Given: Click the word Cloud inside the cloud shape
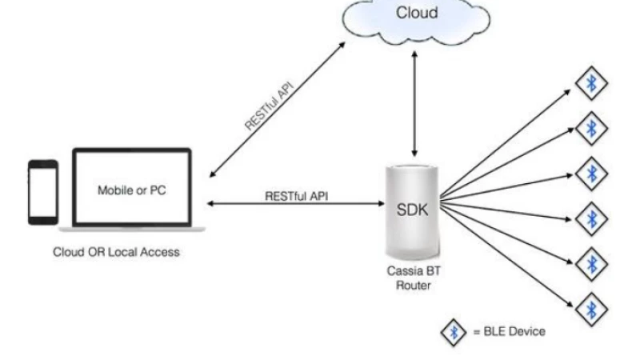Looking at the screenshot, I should [x=417, y=14].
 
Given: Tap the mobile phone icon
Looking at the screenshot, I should [x=42, y=192].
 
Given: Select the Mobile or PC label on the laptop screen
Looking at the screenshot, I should [x=132, y=190].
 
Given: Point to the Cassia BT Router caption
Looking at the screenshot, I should [x=413, y=278].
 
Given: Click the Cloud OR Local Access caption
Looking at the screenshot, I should [x=117, y=252].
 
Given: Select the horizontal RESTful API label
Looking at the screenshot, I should [x=296, y=194].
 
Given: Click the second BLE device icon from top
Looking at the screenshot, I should [x=592, y=126].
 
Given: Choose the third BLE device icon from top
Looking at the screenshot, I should [x=592, y=171].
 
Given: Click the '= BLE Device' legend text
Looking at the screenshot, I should [x=511, y=331].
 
